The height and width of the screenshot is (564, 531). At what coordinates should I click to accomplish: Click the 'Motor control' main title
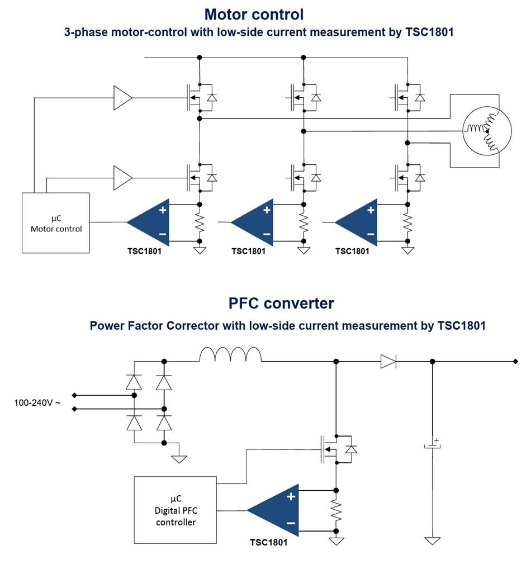[x=254, y=14]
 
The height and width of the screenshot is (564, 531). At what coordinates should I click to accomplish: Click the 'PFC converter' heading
[x=281, y=303]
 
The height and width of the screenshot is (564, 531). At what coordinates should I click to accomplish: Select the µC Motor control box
[x=56, y=222]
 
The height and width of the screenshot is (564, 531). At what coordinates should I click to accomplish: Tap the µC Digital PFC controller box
[x=176, y=510]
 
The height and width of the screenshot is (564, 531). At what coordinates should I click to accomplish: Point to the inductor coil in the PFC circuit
[x=230, y=354]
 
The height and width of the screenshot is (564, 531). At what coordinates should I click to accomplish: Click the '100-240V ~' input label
[x=37, y=401]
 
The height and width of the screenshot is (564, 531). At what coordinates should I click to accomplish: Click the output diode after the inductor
[x=388, y=362]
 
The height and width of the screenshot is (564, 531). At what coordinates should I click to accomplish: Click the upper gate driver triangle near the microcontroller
[x=122, y=98]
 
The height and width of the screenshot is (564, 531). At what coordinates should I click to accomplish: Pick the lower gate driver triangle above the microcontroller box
[x=122, y=177]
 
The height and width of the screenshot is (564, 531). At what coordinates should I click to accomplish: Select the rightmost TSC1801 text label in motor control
[x=352, y=251]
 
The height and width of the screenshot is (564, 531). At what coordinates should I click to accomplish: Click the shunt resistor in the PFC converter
[x=336, y=510]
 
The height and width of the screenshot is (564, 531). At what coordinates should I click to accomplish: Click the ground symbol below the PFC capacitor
[x=432, y=541]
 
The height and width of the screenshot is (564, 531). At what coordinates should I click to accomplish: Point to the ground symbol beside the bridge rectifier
[x=179, y=459]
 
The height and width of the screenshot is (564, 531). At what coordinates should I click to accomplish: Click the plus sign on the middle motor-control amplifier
[x=267, y=210]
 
